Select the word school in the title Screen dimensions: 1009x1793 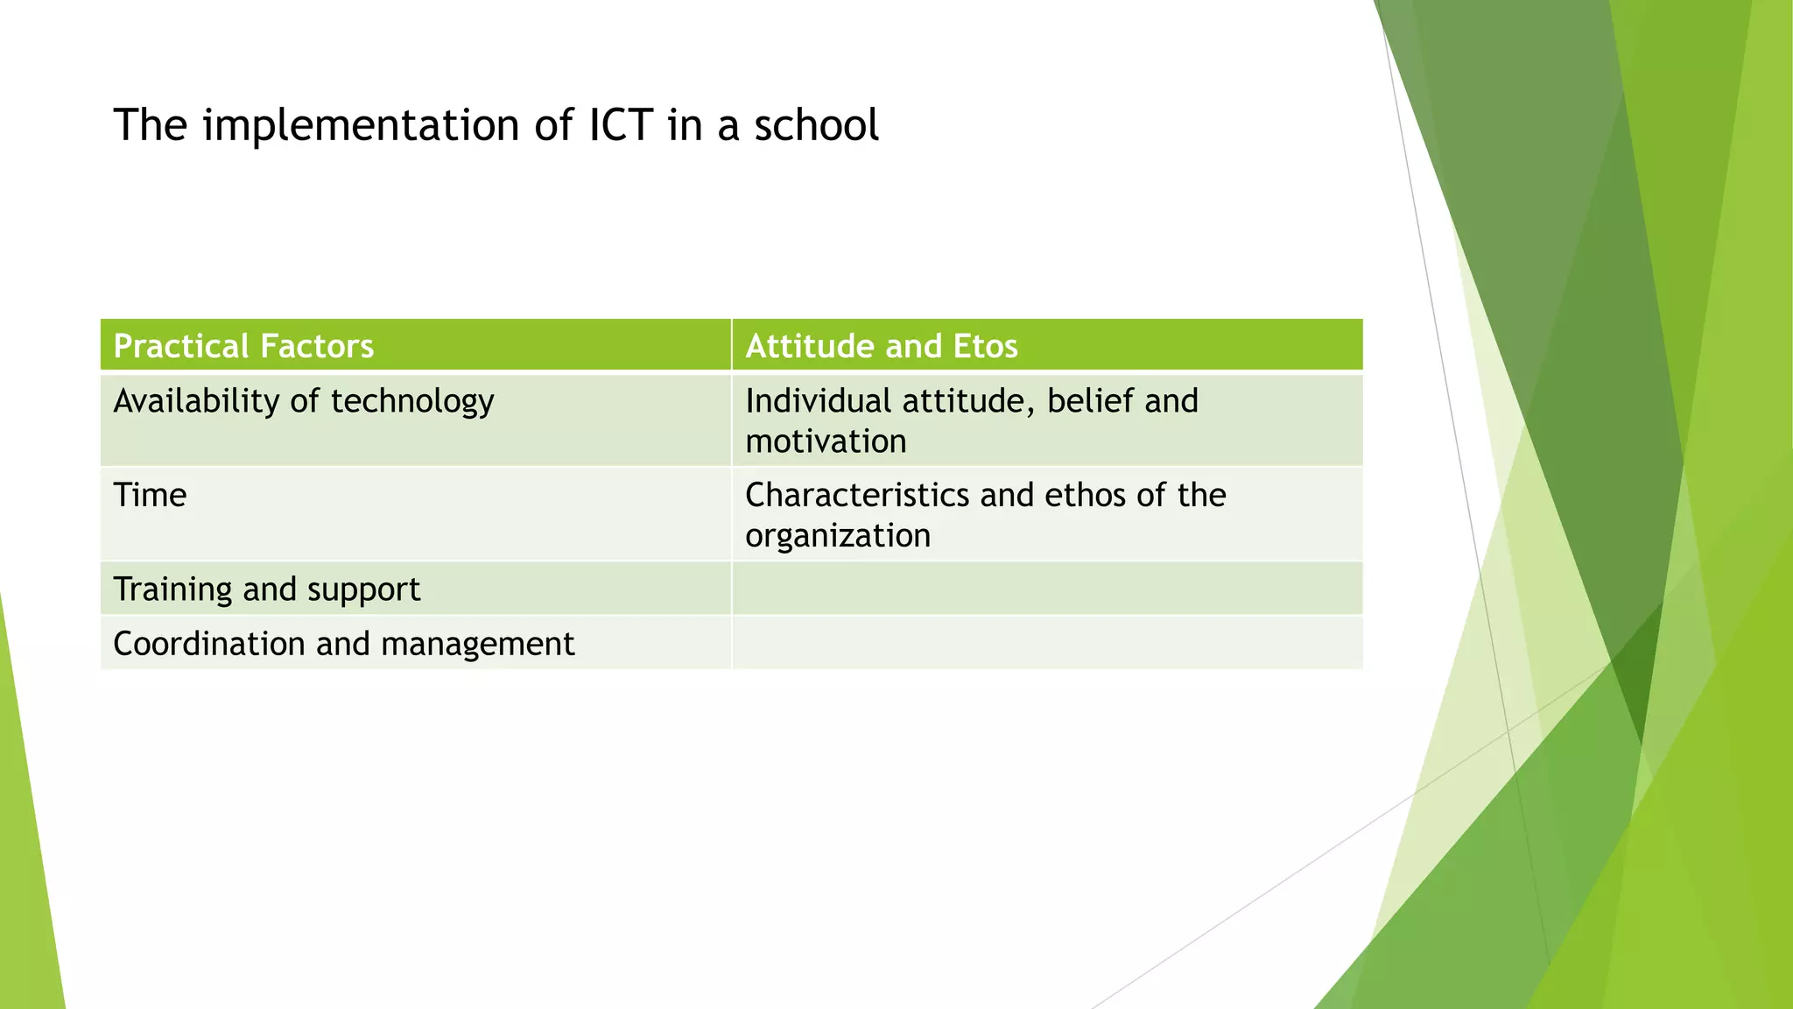[816, 125]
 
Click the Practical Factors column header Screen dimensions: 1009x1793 [243, 346]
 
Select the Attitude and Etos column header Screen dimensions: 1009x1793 [881, 346]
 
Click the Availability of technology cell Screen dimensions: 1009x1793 [304, 401]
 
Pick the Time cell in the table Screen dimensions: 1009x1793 [150, 496]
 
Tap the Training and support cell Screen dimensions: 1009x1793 [266, 589]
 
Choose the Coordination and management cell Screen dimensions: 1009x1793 [343, 644]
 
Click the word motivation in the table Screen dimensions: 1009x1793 [826, 441]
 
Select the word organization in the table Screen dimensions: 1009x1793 [838, 536]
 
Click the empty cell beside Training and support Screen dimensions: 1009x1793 [1046, 589]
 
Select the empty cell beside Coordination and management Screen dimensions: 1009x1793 [1046, 643]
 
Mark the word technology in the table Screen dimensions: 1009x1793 [412, 402]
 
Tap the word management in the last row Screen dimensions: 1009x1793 [478, 645]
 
